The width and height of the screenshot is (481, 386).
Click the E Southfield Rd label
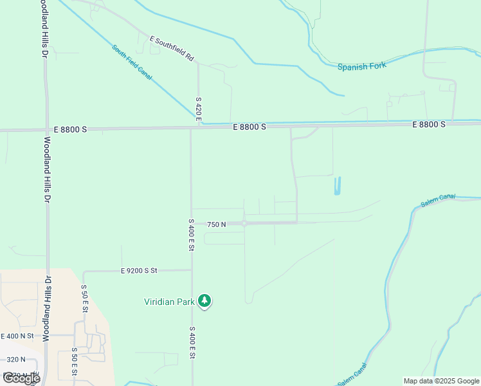click(x=172, y=48)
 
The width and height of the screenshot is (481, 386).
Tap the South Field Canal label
click(x=132, y=62)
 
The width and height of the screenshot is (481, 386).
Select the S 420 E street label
click(x=199, y=109)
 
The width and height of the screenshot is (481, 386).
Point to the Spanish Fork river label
click(x=362, y=66)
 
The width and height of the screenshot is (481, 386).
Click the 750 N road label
click(x=216, y=225)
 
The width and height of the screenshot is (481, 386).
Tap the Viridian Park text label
click(x=169, y=300)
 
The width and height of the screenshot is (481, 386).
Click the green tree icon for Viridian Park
click(x=204, y=300)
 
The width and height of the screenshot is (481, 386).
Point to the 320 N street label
click(x=14, y=360)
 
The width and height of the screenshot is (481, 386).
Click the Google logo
click(x=21, y=378)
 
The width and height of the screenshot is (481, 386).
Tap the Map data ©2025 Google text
click(x=442, y=381)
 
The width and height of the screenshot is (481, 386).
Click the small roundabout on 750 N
click(x=244, y=224)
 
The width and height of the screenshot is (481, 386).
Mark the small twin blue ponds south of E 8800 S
click(x=337, y=186)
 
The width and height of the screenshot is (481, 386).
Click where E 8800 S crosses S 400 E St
click(x=190, y=129)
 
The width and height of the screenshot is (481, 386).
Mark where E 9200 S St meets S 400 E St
click(x=191, y=271)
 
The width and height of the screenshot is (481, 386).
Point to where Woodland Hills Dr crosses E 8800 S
click(x=46, y=130)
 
